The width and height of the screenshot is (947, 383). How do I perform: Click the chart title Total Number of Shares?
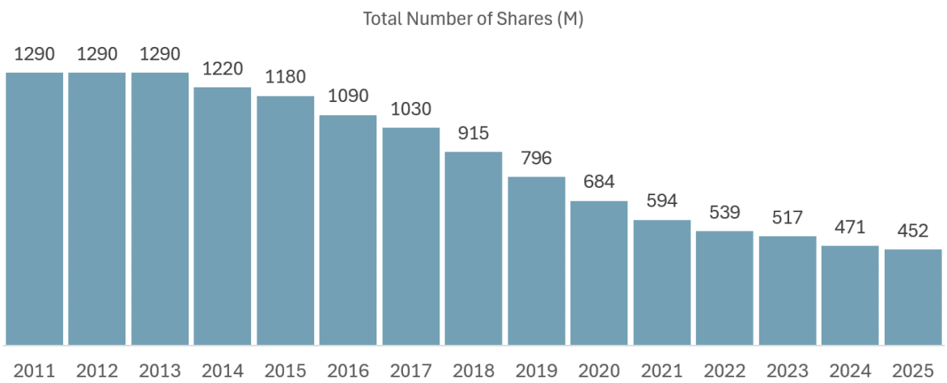point(473,19)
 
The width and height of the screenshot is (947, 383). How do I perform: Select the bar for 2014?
point(223,215)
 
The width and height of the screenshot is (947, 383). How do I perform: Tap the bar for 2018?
point(473,248)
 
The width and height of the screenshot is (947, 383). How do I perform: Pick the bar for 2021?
point(662,282)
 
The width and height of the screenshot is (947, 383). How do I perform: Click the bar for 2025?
point(913,296)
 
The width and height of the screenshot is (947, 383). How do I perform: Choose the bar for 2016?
point(348,229)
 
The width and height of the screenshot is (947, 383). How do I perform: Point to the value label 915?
point(473,132)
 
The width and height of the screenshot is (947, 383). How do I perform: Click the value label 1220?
point(223,68)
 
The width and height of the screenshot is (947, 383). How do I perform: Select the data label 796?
point(536,157)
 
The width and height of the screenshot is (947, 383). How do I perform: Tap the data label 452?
point(913,230)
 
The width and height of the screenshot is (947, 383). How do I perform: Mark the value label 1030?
point(410,109)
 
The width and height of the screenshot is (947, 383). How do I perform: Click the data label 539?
point(724,212)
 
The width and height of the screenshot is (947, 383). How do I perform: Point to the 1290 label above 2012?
point(97,54)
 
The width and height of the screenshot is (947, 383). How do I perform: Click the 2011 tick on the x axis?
point(34,371)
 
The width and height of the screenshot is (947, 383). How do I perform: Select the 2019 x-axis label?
point(536,371)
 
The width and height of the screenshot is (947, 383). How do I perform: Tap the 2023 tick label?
point(787,371)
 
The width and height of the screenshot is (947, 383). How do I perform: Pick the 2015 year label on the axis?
point(285,371)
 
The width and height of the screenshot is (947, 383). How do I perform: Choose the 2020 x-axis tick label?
point(599,371)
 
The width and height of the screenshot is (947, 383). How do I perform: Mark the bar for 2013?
point(160,208)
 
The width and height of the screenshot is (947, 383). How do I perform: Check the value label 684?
point(599,181)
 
